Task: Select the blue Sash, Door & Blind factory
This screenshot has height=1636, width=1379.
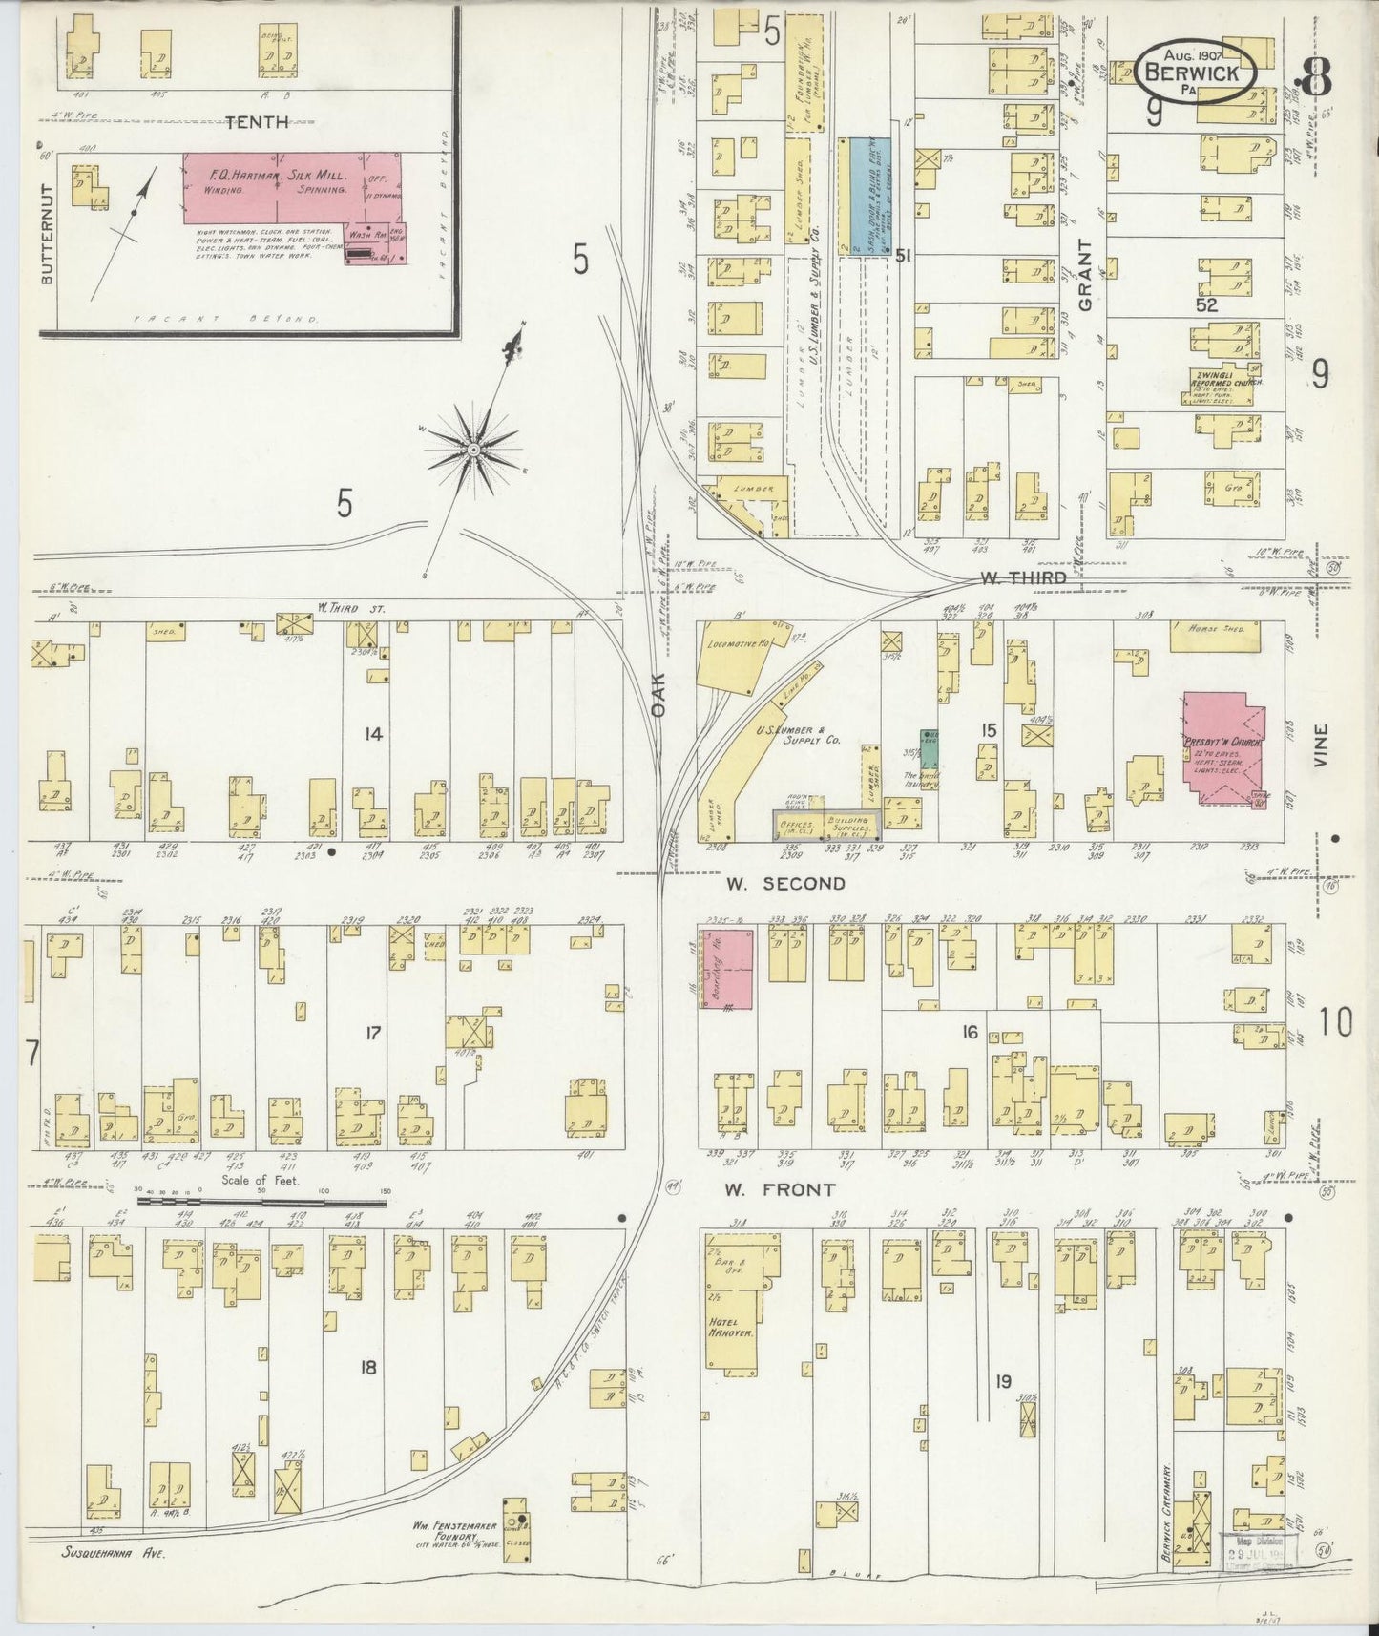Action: (x=865, y=196)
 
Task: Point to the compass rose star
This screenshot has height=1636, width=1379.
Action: (x=472, y=448)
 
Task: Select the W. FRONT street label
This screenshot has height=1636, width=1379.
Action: (x=779, y=1190)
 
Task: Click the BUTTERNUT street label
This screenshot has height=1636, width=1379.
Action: (x=48, y=233)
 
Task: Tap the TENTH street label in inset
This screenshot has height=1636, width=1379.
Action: (x=256, y=121)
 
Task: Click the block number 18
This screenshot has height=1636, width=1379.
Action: (x=367, y=1368)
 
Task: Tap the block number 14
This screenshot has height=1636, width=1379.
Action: (x=373, y=733)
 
